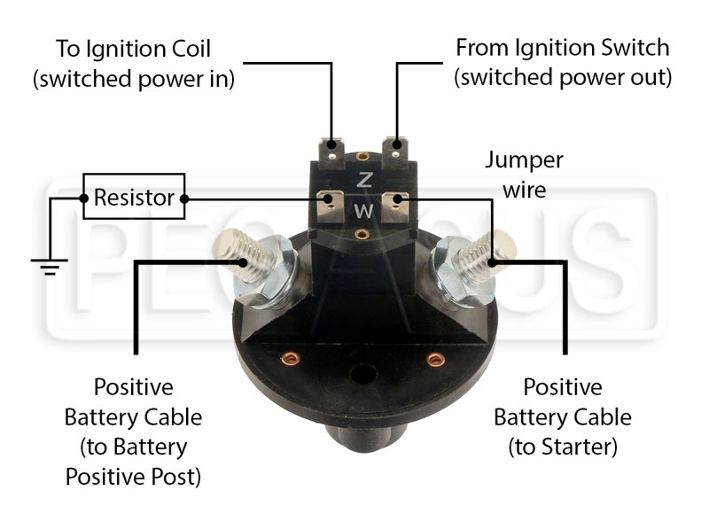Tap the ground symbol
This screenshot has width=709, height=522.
pos(50,267)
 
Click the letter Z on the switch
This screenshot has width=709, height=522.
pos(364,180)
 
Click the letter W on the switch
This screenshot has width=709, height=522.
pos(364,210)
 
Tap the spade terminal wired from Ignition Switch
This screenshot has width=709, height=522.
pos(396,152)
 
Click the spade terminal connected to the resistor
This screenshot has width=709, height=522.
pos(330,206)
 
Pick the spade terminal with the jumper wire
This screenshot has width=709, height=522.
pos(395,206)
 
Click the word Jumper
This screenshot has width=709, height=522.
pos(524,161)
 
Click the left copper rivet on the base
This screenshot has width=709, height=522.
pos(291,359)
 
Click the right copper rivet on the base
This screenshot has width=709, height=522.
pos(436,360)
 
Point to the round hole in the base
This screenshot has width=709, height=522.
pos(363,375)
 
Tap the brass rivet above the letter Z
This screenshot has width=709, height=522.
pos(362,157)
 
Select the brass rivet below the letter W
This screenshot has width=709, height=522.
pos(362,233)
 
